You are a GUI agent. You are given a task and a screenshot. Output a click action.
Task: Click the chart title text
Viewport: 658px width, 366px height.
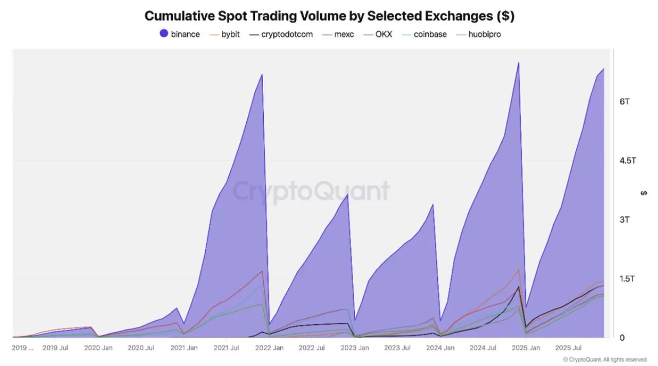click(x=329, y=16)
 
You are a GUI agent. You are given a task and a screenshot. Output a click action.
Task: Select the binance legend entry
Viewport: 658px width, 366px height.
click(x=179, y=34)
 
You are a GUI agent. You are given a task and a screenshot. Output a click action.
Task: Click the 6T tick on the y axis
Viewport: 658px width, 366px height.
click(x=625, y=102)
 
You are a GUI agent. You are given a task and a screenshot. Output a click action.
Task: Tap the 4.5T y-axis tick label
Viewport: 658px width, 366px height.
click(x=627, y=161)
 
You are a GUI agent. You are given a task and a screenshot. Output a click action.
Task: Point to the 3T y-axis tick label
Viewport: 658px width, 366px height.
click(x=625, y=220)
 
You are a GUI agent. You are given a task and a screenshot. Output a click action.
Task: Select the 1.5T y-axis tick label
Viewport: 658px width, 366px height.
click(x=627, y=279)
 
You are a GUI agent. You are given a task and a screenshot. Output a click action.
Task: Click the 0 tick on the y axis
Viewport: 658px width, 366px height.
click(x=622, y=338)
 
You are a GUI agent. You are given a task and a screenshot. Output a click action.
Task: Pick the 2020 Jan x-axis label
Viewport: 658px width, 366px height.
click(x=99, y=348)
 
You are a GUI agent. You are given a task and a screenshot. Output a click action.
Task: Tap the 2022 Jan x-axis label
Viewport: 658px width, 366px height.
click(x=270, y=348)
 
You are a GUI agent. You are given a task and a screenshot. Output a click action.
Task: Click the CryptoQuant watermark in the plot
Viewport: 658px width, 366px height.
click(x=312, y=191)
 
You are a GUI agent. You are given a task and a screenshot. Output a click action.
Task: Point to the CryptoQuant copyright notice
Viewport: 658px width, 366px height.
click(x=605, y=360)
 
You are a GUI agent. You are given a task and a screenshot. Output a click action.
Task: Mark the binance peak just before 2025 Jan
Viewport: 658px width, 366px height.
click(x=518, y=63)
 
